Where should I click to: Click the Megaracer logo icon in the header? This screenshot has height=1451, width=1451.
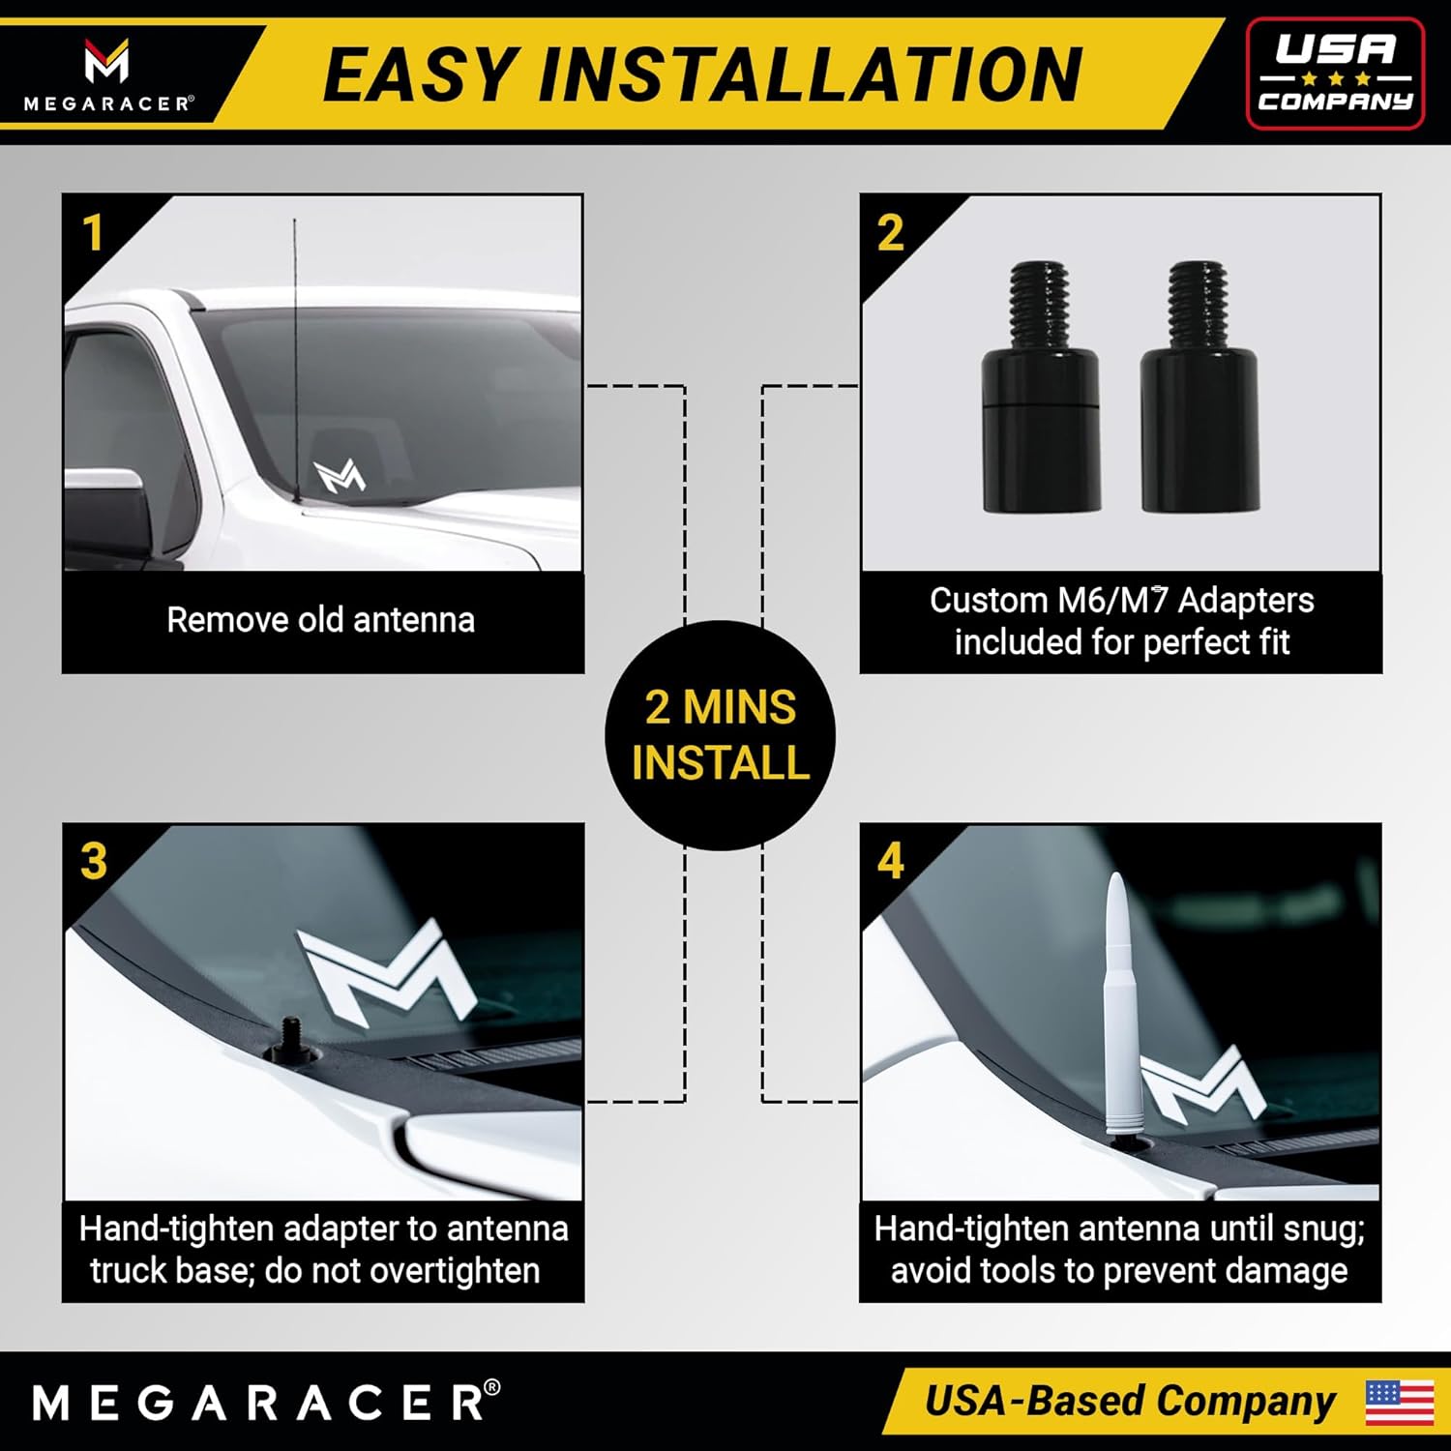click(106, 61)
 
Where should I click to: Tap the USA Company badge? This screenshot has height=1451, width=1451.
click(1335, 74)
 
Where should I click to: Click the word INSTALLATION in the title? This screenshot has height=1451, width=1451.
click(811, 74)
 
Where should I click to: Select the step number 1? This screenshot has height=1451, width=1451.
click(93, 233)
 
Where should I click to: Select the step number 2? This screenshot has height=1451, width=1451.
click(890, 233)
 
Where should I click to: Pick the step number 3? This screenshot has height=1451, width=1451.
click(93, 861)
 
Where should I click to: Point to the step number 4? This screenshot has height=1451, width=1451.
click(890, 861)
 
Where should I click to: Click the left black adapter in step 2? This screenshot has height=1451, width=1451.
click(1041, 387)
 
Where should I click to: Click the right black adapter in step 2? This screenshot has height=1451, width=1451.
click(1199, 387)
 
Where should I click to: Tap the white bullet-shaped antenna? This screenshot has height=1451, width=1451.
click(1119, 1006)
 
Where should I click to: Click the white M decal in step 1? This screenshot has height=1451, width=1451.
click(340, 476)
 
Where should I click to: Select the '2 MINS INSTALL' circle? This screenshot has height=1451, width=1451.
click(720, 735)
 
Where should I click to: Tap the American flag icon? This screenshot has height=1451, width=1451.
click(1399, 1402)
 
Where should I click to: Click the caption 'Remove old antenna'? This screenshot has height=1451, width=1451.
click(320, 620)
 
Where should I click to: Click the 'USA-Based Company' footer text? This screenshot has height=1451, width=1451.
click(1129, 1402)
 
